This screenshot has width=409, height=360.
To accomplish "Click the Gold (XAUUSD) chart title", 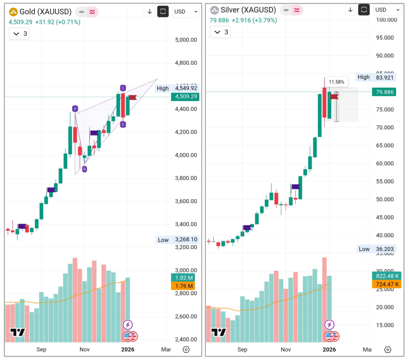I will [x=44, y=12].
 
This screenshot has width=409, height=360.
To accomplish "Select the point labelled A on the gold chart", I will [x=75, y=108].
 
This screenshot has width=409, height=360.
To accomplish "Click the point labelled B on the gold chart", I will [x=85, y=169].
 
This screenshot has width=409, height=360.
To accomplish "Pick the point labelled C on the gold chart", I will [x=123, y=88].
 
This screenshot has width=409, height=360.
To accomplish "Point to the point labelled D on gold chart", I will [x=123, y=125].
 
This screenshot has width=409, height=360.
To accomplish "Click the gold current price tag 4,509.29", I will [x=185, y=96].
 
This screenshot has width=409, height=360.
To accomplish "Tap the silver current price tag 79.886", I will [x=385, y=92].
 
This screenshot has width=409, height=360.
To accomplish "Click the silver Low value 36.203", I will [x=385, y=249].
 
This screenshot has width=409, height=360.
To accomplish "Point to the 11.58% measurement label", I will [x=336, y=82].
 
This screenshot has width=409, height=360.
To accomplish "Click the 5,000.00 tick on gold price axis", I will [x=186, y=40].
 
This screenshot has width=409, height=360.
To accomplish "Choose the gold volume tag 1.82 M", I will [x=184, y=278].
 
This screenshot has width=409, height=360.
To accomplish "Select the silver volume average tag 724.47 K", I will [x=385, y=284].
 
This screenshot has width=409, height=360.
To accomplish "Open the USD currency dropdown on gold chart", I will [x=186, y=12].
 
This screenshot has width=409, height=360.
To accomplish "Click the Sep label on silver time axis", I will [x=242, y=349].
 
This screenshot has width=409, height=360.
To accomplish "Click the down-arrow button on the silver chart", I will [x=350, y=10].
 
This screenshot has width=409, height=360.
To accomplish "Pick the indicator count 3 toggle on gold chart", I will [x=20, y=34].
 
